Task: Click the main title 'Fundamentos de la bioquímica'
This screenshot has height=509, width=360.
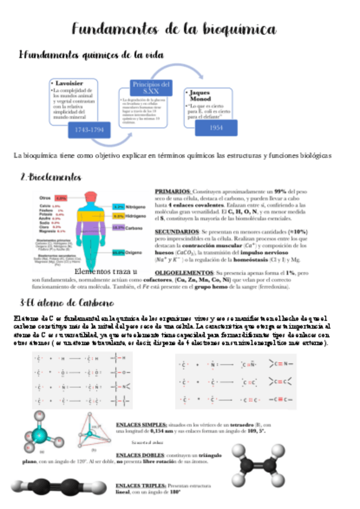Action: [174, 29]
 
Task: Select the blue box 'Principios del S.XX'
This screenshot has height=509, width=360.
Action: [153, 87]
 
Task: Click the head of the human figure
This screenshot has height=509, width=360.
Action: [92, 199]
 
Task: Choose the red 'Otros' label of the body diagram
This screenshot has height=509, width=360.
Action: [46, 197]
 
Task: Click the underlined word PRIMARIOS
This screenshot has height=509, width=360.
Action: [172, 190]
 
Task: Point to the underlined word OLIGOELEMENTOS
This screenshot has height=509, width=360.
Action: [182, 273]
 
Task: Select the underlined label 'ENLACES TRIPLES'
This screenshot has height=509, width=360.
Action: [139, 484]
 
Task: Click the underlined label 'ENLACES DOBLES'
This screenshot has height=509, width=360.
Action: [137, 456]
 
